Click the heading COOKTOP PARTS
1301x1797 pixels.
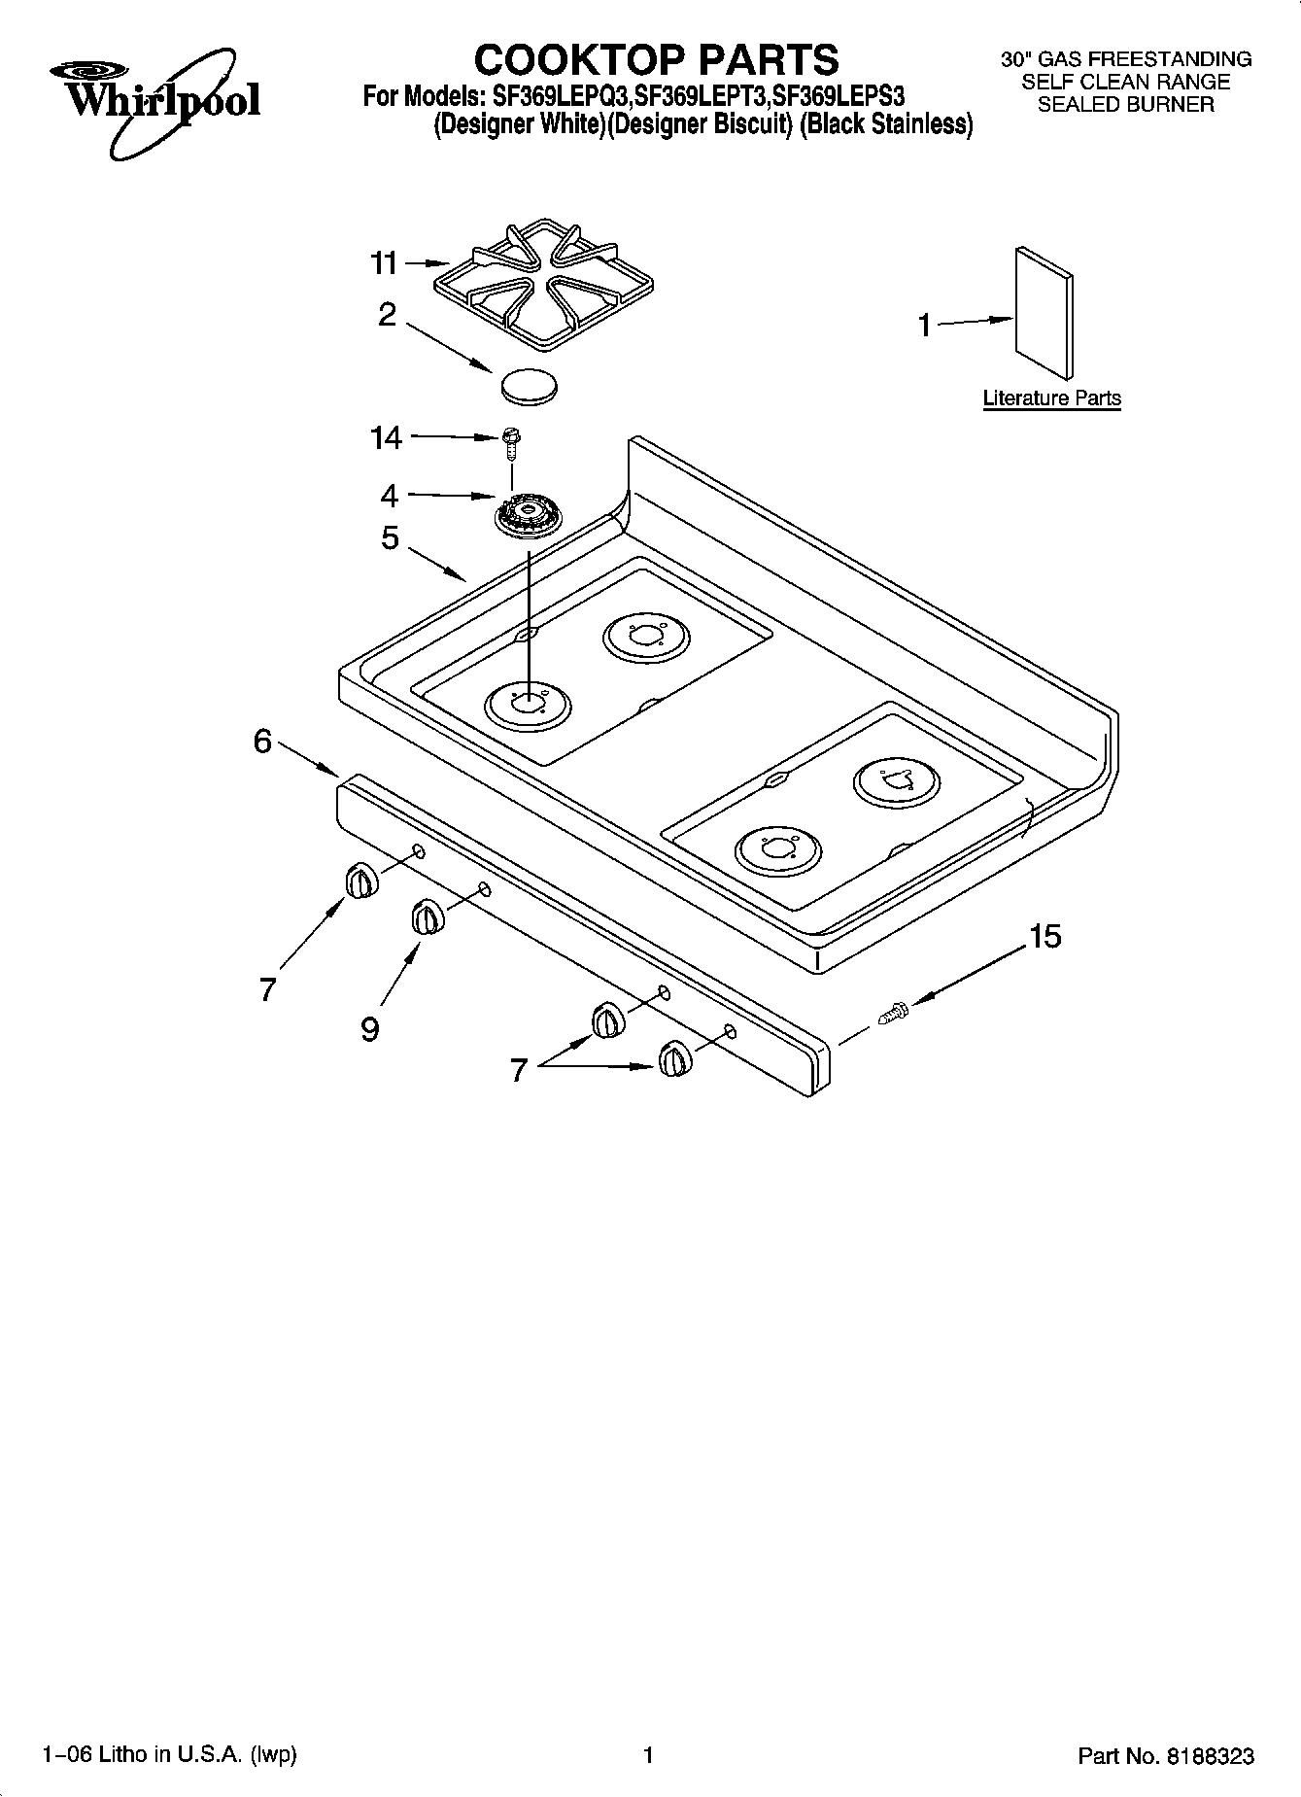pos(656,60)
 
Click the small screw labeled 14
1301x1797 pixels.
pos(510,442)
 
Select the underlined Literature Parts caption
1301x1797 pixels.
pos(1051,397)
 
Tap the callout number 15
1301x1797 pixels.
pos(1044,937)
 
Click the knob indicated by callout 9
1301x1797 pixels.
pos(426,916)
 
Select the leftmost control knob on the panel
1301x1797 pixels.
pos(359,881)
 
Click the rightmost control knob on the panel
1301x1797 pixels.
pos(673,1058)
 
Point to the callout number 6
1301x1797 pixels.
pos(262,742)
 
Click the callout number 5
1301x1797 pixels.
pos(390,537)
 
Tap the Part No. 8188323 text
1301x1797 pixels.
pos(1166,1755)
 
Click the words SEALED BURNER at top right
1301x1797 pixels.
pos(1125,105)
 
